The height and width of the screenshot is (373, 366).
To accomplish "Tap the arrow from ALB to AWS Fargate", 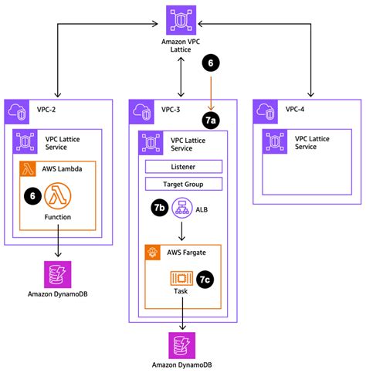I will coord(183,232).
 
